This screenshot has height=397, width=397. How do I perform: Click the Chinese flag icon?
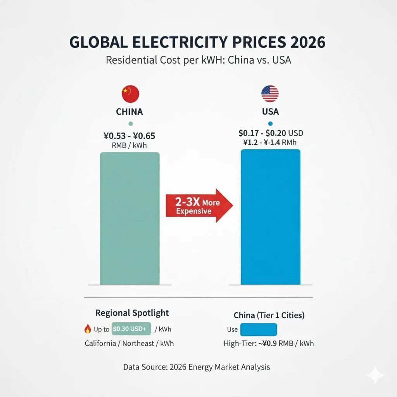click(130, 94)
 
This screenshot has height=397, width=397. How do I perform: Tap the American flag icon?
click(270, 94)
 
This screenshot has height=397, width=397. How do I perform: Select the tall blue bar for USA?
click(270, 217)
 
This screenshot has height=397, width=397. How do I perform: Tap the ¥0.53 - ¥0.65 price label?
click(130, 136)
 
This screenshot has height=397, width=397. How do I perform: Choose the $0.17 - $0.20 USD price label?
click(271, 133)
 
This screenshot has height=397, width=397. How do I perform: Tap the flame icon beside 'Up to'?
click(88, 329)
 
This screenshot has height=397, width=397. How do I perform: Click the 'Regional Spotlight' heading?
click(132, 312)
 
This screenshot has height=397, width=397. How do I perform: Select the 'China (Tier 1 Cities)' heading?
click(269, 315)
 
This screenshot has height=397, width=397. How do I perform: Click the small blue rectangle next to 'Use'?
click(259, 330)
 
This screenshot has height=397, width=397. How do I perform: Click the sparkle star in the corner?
click(375, 375)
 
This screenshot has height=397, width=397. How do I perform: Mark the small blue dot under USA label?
click(270, 124)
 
